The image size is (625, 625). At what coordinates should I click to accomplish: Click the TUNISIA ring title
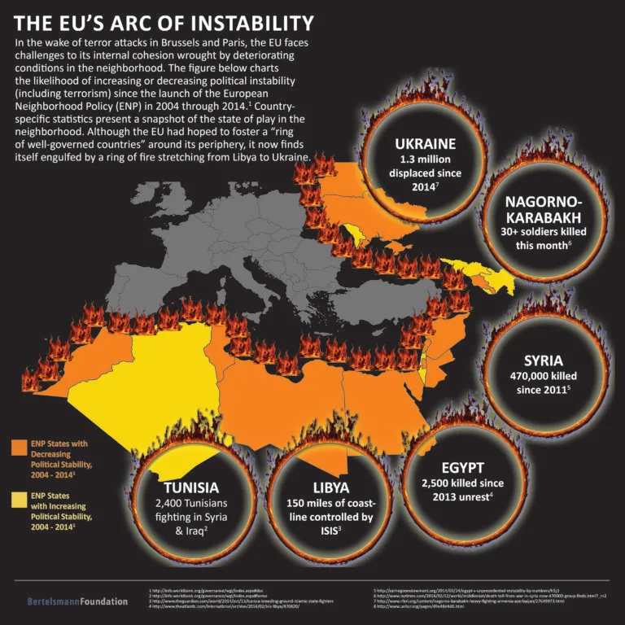point(190,487)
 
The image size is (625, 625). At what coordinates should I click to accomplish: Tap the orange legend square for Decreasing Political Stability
point(18,447)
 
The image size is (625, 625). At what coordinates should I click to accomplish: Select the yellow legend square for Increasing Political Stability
point(18,497)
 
